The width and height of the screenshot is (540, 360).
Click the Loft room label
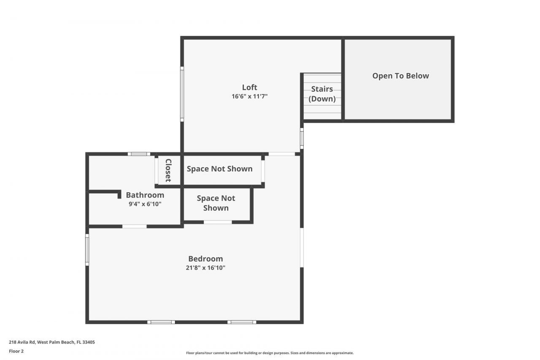click(249, 87)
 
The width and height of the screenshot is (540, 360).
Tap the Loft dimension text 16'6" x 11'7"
click(249, 96)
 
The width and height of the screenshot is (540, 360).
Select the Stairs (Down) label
click(322, 94)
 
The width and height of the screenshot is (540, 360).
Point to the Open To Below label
click(400, 76)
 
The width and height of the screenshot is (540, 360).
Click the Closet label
click(168, 170)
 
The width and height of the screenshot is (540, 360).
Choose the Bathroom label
click(145, 195)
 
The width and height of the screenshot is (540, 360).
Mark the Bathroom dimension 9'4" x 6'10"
click(145, 204)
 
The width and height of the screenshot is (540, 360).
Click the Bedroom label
click(205, 259)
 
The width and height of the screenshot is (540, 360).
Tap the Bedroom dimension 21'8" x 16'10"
click(205, 268)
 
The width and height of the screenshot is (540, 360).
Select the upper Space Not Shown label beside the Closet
click(219, 169)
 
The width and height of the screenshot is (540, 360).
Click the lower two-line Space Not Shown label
click(216, 203)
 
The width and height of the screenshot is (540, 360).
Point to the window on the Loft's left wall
click(182, 94)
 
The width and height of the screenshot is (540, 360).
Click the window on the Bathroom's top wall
click(139, 154)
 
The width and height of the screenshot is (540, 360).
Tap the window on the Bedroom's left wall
click(87, 250)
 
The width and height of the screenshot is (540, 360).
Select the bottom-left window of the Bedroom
click(161, 322)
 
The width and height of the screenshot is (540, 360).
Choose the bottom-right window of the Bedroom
click(241, 322)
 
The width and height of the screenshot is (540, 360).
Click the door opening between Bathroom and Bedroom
click(135, 227)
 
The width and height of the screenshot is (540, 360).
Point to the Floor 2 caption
click(16, 351)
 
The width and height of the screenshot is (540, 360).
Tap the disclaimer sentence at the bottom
click(270, 353)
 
